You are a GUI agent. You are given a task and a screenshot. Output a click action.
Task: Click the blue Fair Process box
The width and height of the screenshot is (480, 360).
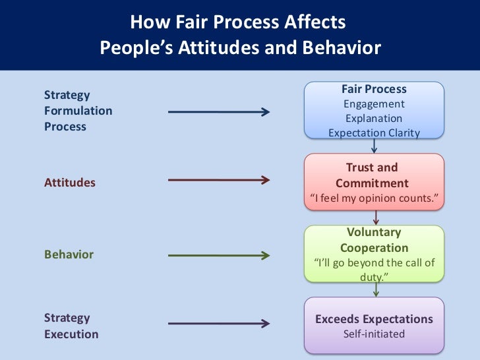coord(374,111)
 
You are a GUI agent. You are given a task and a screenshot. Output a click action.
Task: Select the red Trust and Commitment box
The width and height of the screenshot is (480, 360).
coord(374,183)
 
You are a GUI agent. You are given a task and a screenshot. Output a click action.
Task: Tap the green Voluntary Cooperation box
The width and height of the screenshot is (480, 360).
coord(374,255)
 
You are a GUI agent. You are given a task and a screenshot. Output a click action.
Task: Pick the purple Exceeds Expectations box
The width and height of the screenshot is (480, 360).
coord(374,326)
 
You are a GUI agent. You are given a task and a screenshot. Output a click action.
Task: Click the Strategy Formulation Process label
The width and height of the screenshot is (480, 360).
coord(78,111)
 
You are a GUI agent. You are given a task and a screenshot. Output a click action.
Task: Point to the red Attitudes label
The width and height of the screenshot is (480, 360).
coord(70,183)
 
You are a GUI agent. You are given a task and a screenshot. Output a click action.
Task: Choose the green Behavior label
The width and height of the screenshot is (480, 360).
coord(69,255)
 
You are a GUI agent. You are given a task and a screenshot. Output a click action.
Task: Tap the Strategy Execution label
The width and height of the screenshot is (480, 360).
coord(71,326)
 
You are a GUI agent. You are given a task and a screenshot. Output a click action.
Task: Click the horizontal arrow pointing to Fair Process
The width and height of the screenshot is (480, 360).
coord(219,112)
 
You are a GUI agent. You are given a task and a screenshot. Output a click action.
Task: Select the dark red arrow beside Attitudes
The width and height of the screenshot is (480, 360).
coord(219,180)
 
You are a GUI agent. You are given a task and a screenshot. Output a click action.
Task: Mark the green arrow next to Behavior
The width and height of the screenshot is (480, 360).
coord(219,255)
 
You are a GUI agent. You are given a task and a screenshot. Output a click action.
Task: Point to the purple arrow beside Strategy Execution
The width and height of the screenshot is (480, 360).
coord(219,323)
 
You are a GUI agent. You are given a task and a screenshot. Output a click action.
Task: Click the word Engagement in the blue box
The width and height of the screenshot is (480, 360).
coord(374,104)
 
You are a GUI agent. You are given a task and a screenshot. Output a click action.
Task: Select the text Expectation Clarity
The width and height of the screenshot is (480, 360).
coord(374,133)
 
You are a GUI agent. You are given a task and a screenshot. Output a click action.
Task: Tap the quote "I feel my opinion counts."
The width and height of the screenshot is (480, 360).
coord(374,198)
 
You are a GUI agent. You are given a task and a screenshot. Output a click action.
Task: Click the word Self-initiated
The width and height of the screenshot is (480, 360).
coord(374,334)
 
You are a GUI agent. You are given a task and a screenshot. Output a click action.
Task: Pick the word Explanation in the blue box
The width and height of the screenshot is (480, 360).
coord(374,119)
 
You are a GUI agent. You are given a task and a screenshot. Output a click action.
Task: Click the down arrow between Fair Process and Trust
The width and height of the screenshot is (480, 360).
coord(374,146)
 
